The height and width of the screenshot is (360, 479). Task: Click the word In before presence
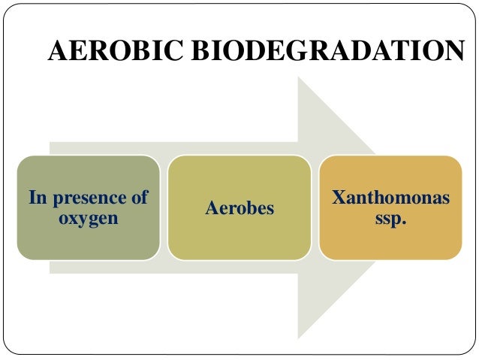(x=38, y=198)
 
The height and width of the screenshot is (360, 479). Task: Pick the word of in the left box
(x=138, y=198)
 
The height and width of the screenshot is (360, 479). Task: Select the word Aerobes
(x=239, y=207)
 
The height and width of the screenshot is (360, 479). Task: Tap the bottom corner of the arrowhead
(x=298, y=337)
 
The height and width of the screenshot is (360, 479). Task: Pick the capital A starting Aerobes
(x=210, y=207)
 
